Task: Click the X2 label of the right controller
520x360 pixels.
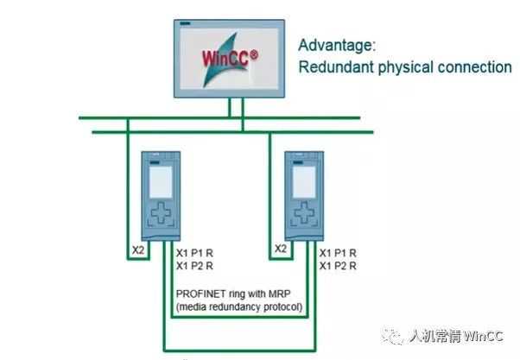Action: click(x=280, y=249)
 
